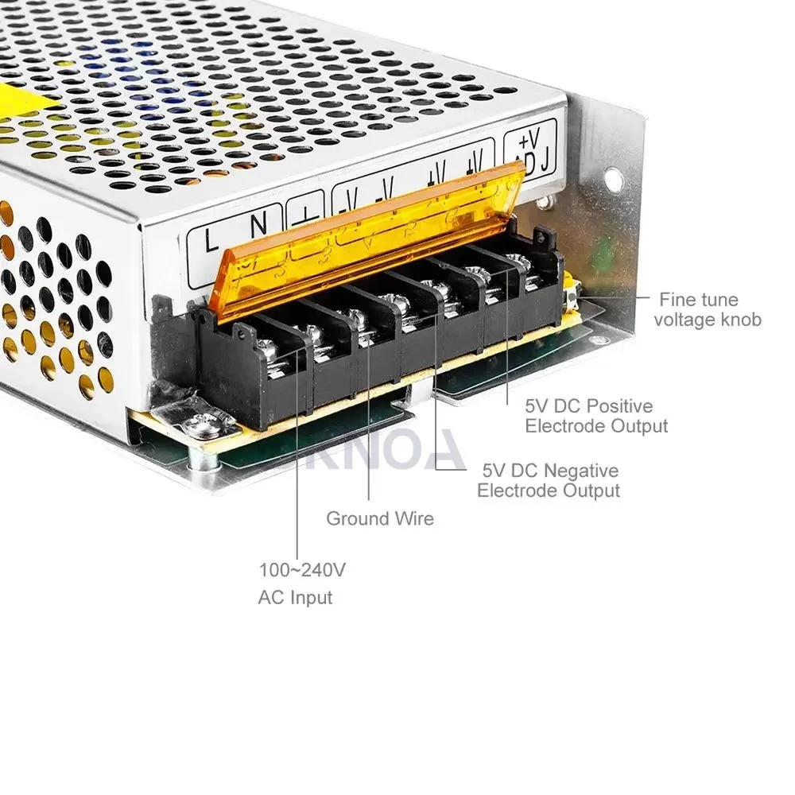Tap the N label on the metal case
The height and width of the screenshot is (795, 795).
(259, 223)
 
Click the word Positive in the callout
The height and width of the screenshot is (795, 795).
(619, 406)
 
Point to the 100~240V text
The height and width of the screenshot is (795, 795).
(302, 570)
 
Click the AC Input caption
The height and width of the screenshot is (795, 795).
(295, 597)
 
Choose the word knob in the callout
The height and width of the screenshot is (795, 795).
(739, 320)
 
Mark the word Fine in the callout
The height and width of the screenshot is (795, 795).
(677, 300)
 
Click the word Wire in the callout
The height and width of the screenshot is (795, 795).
(415, 519)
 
